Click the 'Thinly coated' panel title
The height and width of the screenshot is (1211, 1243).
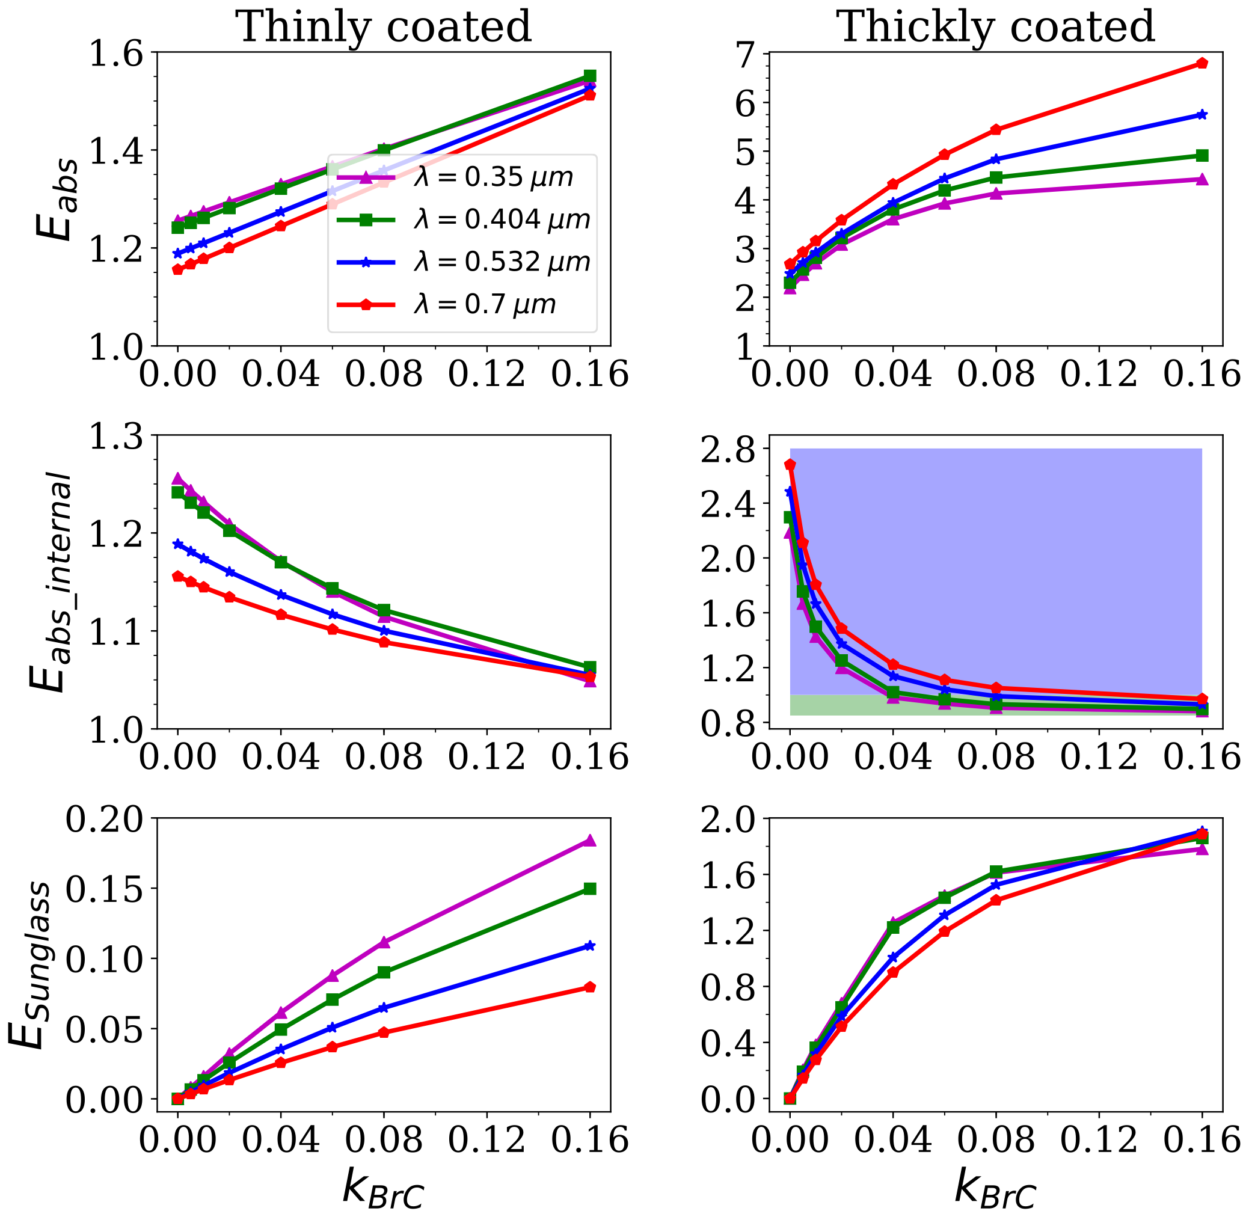(x=384, y=26)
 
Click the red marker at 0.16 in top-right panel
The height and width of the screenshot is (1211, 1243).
(x=1202, y=63)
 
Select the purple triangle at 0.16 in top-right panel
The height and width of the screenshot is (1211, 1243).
(x=1202, y=179)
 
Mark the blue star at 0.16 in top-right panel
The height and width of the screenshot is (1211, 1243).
(x=1202, y=114)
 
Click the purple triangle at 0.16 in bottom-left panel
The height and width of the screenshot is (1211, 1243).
(x=590, y=841)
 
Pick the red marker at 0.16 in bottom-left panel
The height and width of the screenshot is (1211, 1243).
(x=590, y=987)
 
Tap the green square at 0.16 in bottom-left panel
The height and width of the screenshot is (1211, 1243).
(x=590, y=889)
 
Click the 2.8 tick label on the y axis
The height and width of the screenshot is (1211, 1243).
(x=728, y=449)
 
